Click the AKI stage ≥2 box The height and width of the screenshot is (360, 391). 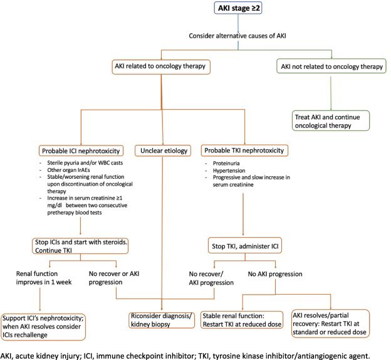[238, 8]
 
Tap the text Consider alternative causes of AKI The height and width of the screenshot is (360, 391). [237, 36]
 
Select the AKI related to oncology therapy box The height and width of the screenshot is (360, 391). [161, 67]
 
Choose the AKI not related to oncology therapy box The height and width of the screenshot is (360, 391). [331, 66]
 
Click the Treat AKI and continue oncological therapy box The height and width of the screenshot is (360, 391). [331, 121]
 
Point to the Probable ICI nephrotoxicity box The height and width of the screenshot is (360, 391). [81, 151]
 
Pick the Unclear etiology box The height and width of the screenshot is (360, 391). [163, 151]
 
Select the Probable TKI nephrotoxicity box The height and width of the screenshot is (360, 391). [244, 151]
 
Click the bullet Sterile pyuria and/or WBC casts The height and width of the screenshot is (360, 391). [85, 163]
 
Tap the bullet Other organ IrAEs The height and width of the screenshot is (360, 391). [68, 170]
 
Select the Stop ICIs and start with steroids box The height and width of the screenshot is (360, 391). [80, 246]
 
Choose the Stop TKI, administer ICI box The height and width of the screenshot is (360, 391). [245, 246]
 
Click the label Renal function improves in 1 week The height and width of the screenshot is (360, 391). [44, 278]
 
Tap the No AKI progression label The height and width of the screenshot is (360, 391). [275, 274]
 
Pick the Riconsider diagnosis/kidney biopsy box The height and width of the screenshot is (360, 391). [161, 320]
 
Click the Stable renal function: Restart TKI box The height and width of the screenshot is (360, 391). [242, 320]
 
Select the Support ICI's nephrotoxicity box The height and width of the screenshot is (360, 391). [43, 327]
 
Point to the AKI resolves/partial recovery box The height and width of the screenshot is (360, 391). [330, 324]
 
